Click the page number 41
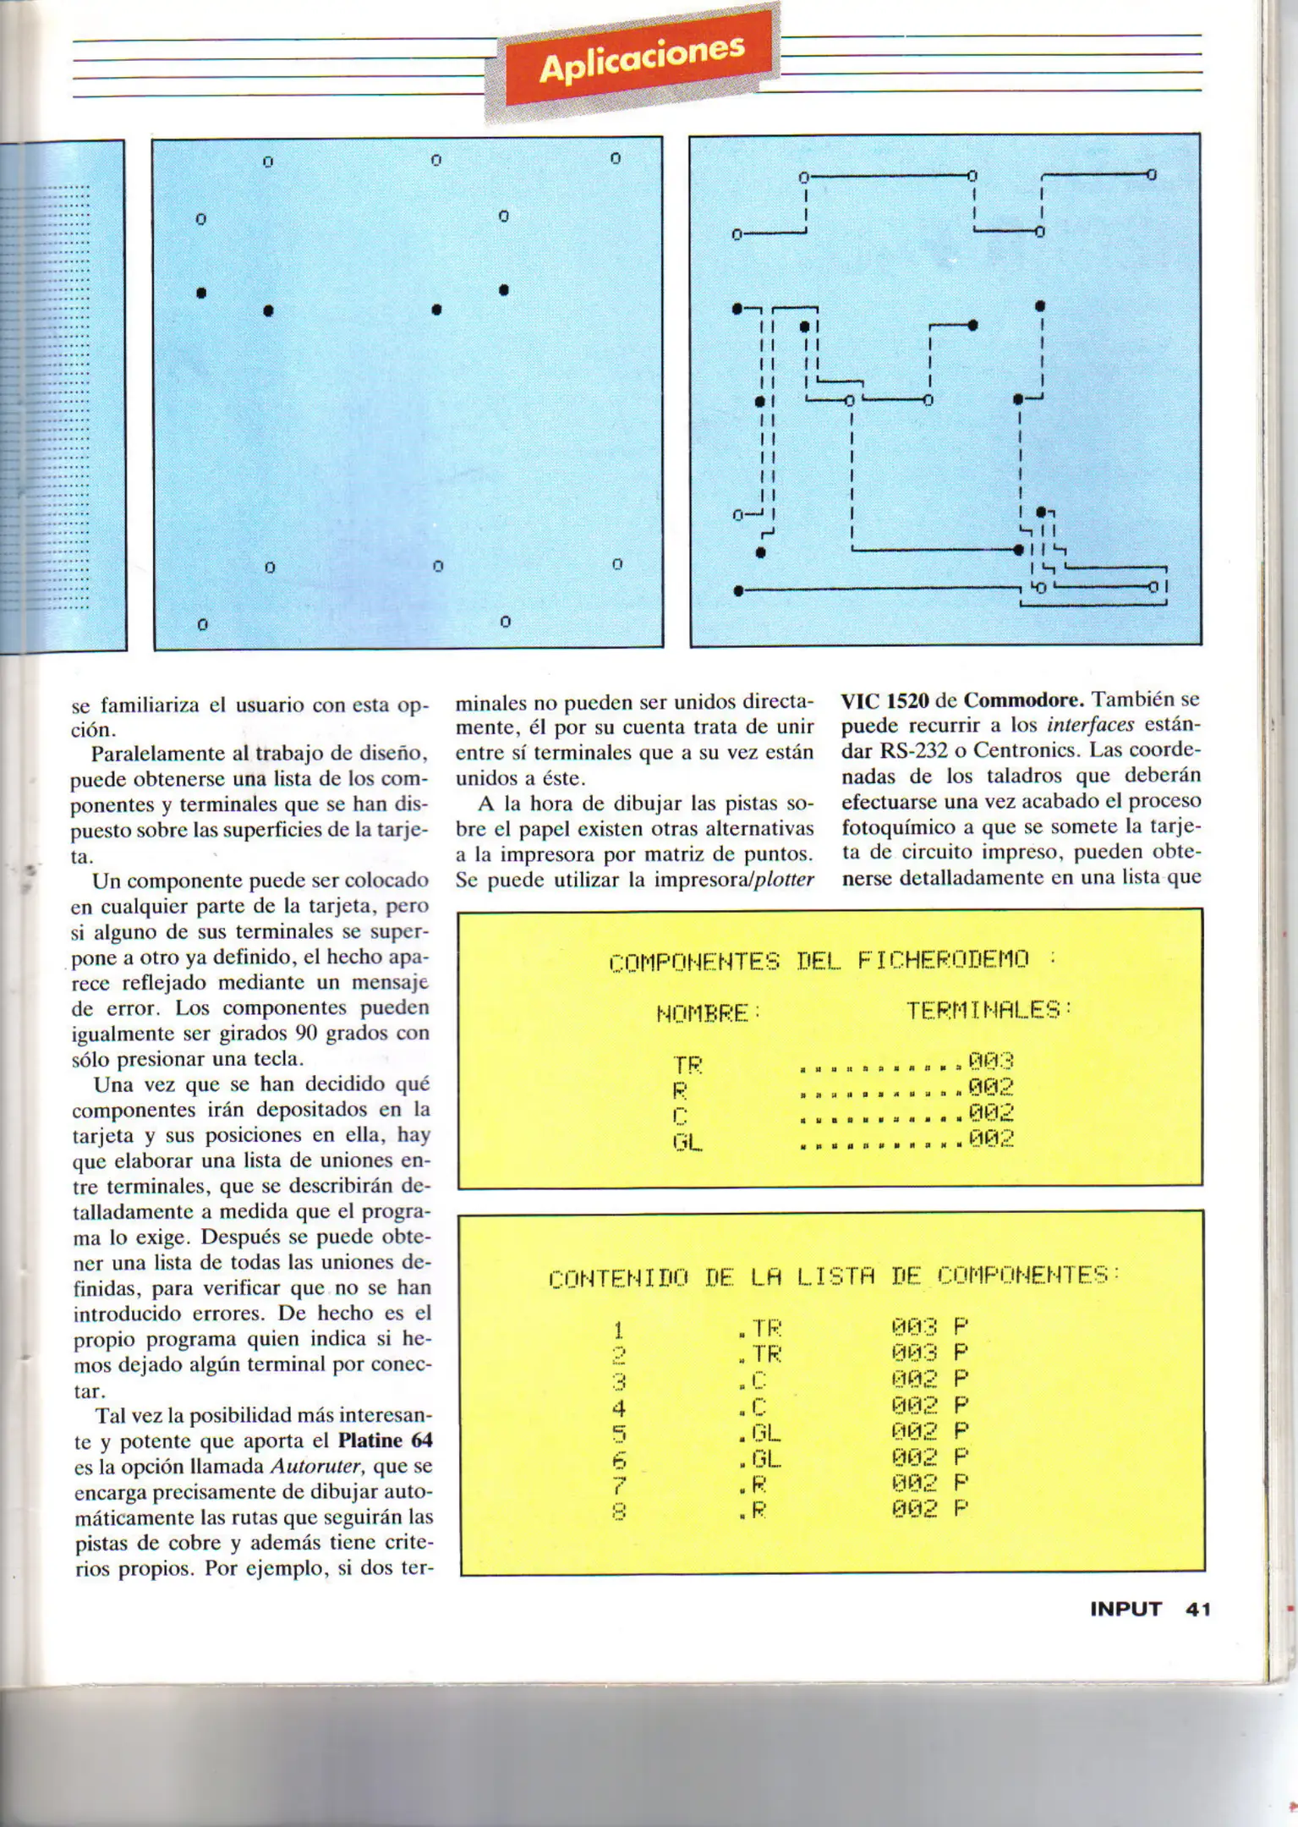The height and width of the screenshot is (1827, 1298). coord(1197,1609)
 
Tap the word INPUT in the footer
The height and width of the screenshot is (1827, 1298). coord(1125,1609)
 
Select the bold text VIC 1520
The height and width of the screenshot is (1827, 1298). coord(885,701)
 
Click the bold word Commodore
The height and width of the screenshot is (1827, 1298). coord(1024,700)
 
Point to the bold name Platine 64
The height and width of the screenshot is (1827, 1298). coord(385,1440)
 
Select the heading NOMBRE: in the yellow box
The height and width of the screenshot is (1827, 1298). coord(709,1012)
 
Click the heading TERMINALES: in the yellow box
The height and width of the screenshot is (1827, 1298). coord(989,1010)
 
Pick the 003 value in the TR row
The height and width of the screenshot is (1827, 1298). coord(991,1061)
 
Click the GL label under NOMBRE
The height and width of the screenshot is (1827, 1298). coord(687,1143)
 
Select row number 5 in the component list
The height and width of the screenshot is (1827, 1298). coord(619,1433)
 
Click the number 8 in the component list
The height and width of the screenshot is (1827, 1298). coord(619,1511)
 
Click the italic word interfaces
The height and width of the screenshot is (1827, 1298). coord(1090,726)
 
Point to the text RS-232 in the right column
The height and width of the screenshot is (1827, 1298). coord(917,751)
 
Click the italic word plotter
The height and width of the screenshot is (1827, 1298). coord(784,880)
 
